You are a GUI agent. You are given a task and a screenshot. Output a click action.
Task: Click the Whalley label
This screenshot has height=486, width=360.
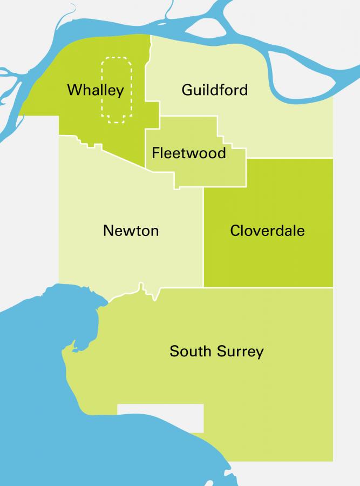[x=96, y=90]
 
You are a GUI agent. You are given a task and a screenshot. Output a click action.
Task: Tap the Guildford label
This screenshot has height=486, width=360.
[x=214, y=90]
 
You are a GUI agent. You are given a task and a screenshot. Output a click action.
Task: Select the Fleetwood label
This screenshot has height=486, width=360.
[x=188, y=153]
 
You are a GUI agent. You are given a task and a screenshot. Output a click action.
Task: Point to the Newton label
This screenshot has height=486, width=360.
[x=131, y=231]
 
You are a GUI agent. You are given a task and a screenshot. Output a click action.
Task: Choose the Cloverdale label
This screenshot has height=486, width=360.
[x=267, y=231]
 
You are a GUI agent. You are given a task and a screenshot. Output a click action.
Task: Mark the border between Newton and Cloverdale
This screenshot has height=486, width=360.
[x=203, y=238]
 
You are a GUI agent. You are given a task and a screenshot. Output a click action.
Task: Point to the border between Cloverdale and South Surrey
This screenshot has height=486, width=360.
[x=268, y=287]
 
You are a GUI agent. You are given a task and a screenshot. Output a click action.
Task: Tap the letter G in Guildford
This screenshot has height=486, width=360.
[x=187, y=90]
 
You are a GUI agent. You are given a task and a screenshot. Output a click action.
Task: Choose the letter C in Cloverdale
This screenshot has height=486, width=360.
[x=235, y=231]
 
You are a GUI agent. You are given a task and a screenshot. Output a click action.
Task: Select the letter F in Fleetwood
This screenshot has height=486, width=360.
[x=155, y=153]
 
